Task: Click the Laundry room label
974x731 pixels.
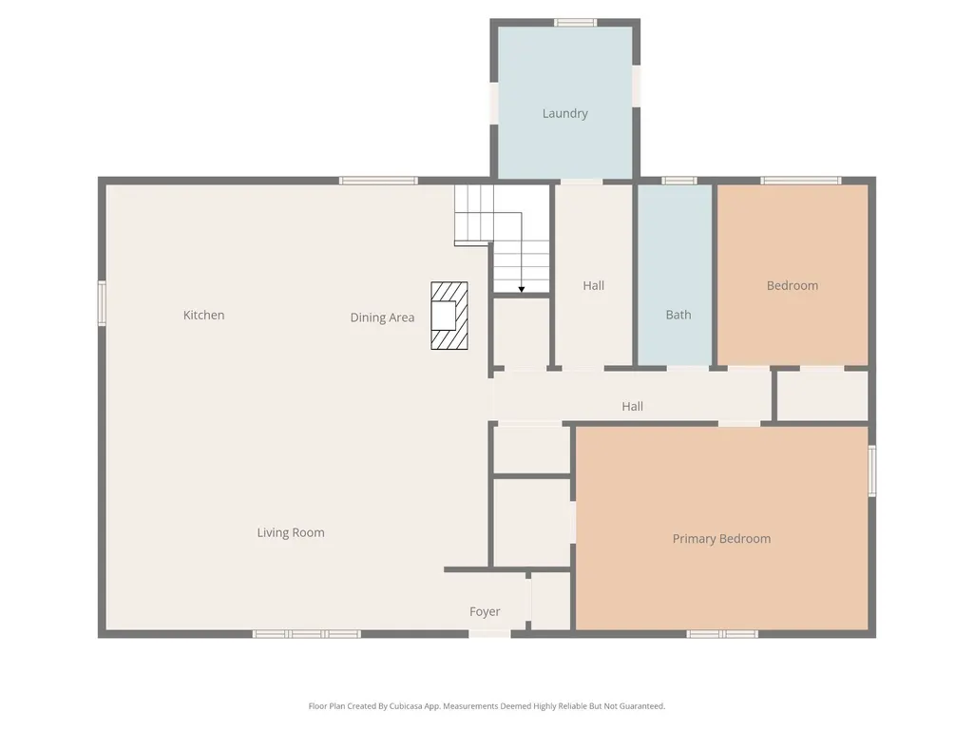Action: pyautogui.click(x=564, y=113)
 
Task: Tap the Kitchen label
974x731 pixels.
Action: pyautogui.click(x=203, y=316)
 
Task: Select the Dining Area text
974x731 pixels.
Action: pyautogui.click(x=382, y=317)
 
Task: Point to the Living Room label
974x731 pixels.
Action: pyautogui.click(x=291, y=532)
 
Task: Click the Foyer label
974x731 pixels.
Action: pyautogui.click(x=485, y=611)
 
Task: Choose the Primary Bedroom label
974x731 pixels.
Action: pyautogui.click(x=722, y=539)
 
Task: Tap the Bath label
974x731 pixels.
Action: pyautogui.click(x=678, y=315)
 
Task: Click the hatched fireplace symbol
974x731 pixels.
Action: pyautogui.click(x=449, y=316)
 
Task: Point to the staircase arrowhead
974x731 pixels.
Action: pyautogui.click(x=522, y=289)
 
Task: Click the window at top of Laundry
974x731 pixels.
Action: pyautogui.click(x=576, y=23)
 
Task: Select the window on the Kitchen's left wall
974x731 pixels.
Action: pyautogui.click(x=102, y=303)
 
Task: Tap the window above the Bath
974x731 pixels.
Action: pyautogui.click(x=678, y=181)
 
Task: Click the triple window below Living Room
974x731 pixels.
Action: pyautogui.click(x=307, y=634)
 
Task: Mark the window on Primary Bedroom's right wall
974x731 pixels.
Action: pyautogui.click(x=872, y=471)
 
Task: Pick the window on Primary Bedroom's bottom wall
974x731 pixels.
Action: pyautogui.click(x=722, y=634)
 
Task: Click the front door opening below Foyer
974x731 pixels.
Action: pyautogui.click(x=489, y=634)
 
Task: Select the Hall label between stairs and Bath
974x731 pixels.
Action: pyautogui.click(x=593, y=286)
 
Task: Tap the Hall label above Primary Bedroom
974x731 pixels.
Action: pyautogui.click(x=632, y=407)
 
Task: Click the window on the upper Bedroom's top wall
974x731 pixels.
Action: pyautogui.click(x=801, y=181)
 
